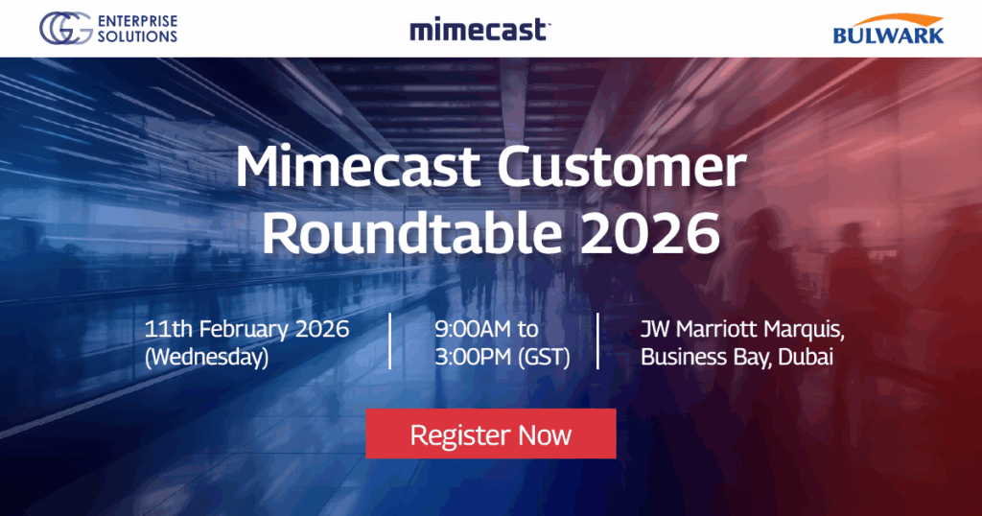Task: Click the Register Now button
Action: click(490, 434)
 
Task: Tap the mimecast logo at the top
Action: click(479, 30)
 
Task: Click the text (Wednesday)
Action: click(205, 358)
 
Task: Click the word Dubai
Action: click(808, 358)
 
